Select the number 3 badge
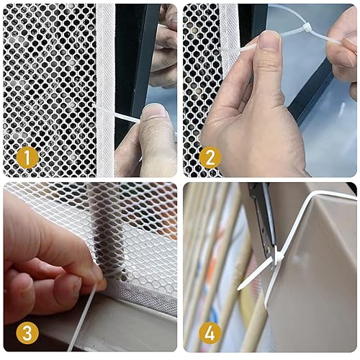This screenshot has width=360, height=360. click(x=27, y=332)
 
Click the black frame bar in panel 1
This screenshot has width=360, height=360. click(x=137, y=58)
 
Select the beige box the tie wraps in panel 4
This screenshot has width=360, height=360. click(x=317, y=274)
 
